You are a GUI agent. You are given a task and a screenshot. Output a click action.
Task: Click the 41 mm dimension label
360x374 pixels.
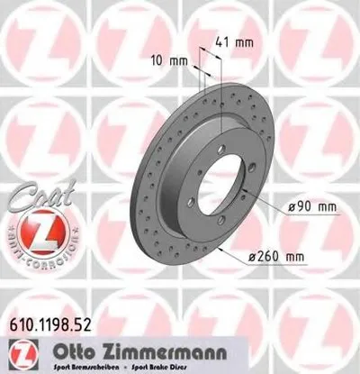click(234, 41)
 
